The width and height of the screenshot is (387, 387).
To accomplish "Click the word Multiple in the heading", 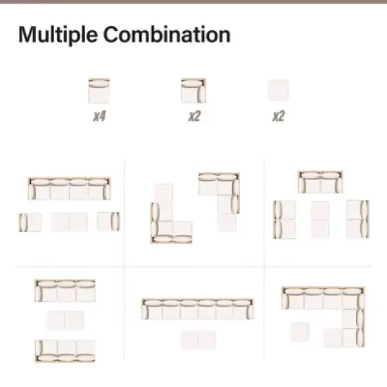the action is (x=58, y=34).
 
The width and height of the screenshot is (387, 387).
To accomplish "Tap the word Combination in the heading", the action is (x=167, y=34).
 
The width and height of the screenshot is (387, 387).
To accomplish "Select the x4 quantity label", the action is (x=99, y=116).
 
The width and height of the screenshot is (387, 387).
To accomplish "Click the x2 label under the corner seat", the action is (x=194, y=116).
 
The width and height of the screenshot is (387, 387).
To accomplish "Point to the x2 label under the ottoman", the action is (x=279, y=116).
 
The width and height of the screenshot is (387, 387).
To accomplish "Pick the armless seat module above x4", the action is (x=99, y=91).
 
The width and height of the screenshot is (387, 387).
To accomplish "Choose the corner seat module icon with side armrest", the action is (x=193, y=91).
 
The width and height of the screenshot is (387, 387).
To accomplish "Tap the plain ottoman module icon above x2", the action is (x=279, y=90).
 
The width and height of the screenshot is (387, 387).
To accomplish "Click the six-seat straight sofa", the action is (x=198, y=309).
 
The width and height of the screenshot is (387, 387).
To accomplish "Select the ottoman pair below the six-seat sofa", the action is (x=198, y=340).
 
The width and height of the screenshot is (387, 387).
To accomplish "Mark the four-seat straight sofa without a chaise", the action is (x=70, y=189).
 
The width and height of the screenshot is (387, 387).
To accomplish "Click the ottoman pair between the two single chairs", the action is (x=70, y=222).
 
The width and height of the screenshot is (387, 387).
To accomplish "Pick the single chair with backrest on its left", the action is (x=30, y=222).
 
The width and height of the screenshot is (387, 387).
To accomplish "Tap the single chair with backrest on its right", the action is (x=108, y=222).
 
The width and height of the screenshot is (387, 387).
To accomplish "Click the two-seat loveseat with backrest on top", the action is (x=320, y=182).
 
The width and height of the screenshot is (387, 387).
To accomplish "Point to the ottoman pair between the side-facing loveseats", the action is (x=319, y=220).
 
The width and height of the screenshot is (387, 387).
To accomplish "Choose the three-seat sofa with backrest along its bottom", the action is (x=65, y=350).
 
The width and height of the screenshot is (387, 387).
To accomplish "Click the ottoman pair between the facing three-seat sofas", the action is (x=65, y=321).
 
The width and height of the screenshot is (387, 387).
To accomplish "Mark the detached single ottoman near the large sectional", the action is (x=300, y=332).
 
